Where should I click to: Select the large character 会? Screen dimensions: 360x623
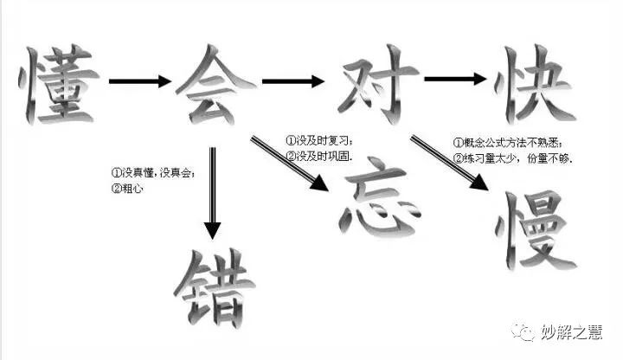click(x=217, y=82)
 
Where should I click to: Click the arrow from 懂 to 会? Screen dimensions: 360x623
click(x=138, y=82)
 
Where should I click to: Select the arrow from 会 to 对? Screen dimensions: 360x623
click(x=292, y=82)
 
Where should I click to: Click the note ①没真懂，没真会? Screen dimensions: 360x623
click(x=153, y=171)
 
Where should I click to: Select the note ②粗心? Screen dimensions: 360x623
click(x=127, y=187)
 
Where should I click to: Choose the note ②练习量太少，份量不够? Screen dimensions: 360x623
click(x=514, y=158)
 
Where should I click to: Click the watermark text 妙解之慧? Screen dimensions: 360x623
click(x=570, y=331)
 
